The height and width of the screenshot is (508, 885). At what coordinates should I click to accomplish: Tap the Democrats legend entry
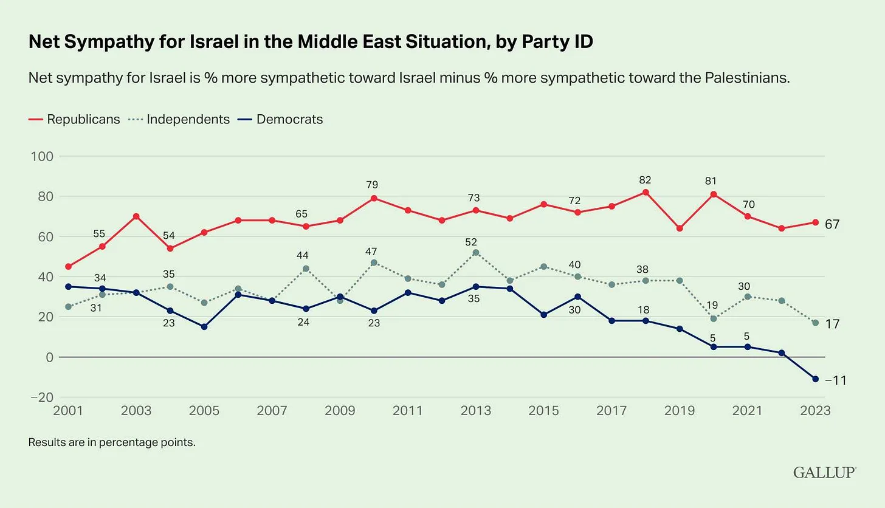coord(289,119)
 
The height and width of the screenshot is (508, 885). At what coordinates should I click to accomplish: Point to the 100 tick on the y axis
coord(42,156)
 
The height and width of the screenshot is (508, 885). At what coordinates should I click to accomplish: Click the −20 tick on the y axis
coord(40,397)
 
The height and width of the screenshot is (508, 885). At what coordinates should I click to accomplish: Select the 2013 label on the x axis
coord(475,411)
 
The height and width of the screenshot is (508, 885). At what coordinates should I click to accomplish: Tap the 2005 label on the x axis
coord(204,411)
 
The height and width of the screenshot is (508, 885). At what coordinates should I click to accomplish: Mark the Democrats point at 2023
coord(815,379)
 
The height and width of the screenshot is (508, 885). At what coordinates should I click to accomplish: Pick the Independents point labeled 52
coord(475,252)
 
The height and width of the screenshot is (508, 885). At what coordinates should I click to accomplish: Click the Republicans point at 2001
coord(68,266)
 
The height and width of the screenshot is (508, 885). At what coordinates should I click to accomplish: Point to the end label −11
coord(835,380)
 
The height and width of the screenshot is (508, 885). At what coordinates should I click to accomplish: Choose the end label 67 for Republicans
coord(832,224)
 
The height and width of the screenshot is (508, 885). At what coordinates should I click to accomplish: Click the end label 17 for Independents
coord(832,324)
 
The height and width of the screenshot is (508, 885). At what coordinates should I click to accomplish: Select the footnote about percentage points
coord(112,442)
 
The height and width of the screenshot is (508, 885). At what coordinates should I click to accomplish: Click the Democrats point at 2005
coord(204,327)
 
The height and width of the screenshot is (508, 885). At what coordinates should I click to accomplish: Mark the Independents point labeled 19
coord(714,318)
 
